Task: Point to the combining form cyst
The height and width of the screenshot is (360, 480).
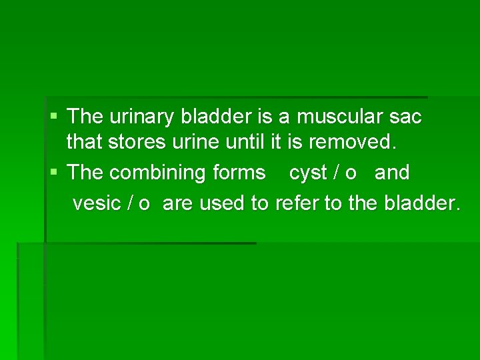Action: (307, 173)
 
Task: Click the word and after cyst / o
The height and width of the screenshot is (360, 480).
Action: (392, 173)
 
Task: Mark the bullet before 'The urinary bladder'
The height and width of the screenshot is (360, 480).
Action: (54, 117)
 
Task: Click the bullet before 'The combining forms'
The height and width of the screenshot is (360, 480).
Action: (54, 172)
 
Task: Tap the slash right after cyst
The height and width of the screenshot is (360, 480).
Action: (335, 173)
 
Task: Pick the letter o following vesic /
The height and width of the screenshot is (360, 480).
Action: (144, 204)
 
